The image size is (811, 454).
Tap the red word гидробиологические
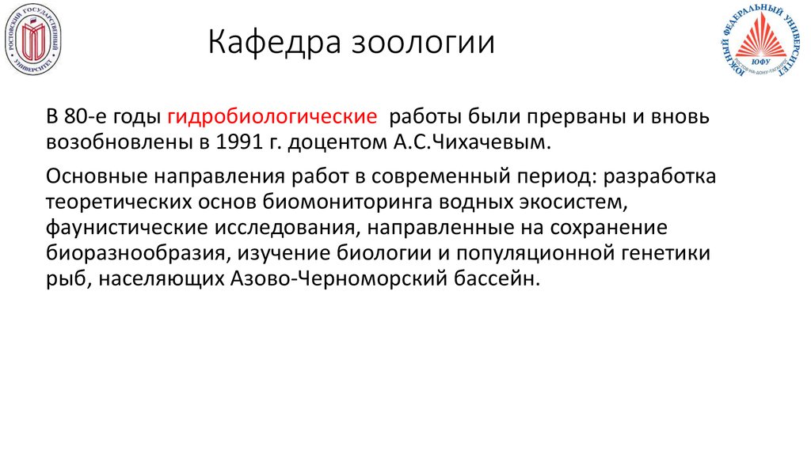[272, 117]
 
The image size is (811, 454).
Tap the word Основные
[96, 176]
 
